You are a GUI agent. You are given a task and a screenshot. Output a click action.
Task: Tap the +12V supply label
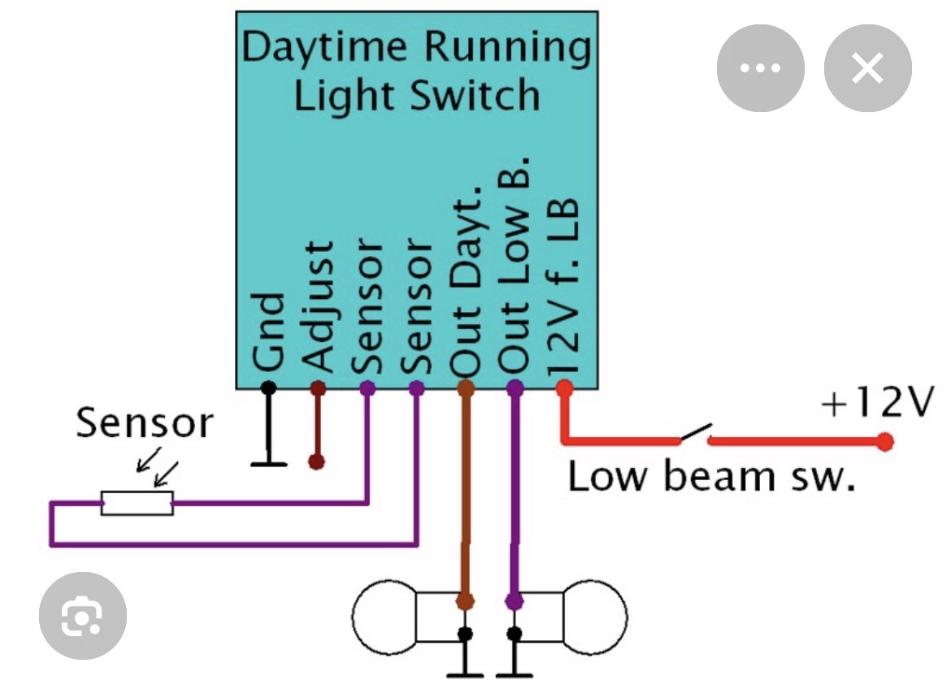[x=874, y=402]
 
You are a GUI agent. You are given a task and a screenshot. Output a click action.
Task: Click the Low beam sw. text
[x=711, y=475]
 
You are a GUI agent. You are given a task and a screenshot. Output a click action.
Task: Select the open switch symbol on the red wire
[x=696, y=435]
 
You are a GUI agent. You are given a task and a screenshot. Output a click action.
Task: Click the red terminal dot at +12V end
[x=885, y=442]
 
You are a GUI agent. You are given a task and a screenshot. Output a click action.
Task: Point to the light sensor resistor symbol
[x=137, y=503]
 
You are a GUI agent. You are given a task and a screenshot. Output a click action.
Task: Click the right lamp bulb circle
[x=595, y=617]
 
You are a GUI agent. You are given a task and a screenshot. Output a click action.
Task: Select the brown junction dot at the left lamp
[x=465, y=601]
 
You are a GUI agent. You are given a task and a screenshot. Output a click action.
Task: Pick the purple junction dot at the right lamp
[x=514, y=601]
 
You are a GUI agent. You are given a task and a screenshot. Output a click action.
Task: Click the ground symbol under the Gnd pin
[x=269, y=463]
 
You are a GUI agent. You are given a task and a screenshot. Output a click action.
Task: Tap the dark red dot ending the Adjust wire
[x=317, y=462]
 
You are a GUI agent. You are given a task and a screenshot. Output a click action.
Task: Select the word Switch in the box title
[x=475, y=95]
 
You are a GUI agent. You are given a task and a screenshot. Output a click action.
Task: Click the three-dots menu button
[x=760, y=69]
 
